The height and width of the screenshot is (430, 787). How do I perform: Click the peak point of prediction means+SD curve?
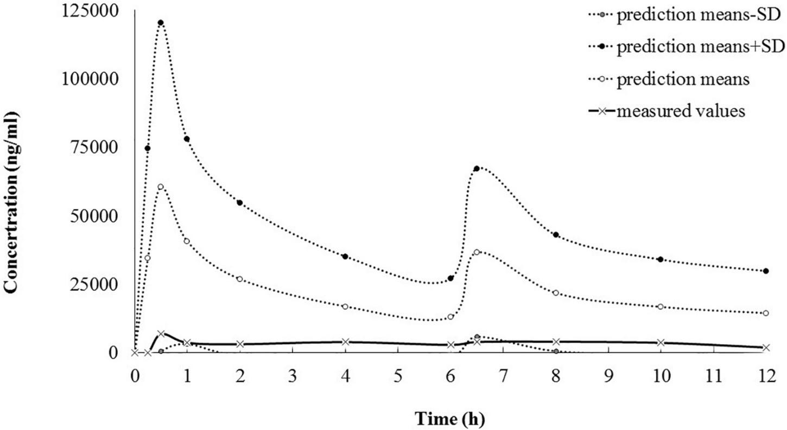[x=161, y=23]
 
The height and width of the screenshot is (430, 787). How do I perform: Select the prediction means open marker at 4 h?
[x=345, y=306]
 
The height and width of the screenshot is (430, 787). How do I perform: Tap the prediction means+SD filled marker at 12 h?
[x=766, y=271]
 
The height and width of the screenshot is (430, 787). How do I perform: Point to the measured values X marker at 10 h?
[x=661, y=343]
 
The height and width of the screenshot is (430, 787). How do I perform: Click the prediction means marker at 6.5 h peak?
[x=477, y=252]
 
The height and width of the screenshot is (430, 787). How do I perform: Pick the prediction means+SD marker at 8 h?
[x=556, y=235]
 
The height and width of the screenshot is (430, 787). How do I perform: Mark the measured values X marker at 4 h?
[x=345, y=342]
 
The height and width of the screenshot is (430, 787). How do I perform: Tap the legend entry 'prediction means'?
[x=682, y=80]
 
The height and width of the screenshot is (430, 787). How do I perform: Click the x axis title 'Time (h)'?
[x=450, y=418]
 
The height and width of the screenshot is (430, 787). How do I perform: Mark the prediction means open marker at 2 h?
[x=240, y=279]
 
